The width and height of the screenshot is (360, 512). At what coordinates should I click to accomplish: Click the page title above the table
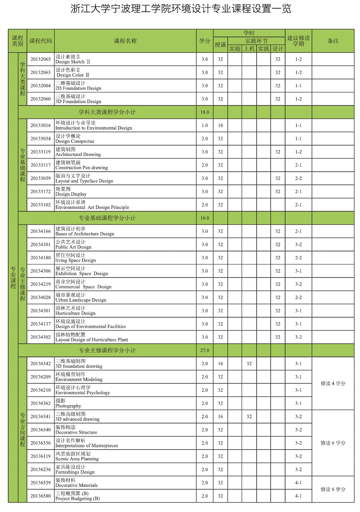point(180,9)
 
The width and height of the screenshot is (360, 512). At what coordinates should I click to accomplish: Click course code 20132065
point(40,59)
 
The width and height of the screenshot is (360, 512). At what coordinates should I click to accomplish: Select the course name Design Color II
point(72,72)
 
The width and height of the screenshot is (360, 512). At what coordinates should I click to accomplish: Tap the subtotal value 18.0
point(205,112)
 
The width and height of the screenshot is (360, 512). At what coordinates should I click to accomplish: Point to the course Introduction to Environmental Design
point(93,126)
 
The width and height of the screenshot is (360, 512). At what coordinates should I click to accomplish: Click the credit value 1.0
point(205,125)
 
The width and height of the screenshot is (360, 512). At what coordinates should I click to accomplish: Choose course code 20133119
point(40,152)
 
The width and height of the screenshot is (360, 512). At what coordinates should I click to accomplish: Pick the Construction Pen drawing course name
point(82,165)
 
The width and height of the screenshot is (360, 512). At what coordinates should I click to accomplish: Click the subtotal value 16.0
point(205,218)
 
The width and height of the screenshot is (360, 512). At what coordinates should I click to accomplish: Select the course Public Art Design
point(73,245)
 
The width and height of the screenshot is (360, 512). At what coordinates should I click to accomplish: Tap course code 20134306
point(40,271)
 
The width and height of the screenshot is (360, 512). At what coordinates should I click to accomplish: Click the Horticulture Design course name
point(75,311)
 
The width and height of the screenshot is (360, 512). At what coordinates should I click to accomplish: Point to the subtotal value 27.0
point(205,350)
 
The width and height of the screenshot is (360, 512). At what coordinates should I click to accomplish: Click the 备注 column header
point(333,41)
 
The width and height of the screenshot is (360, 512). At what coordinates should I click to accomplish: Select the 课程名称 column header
point(125,41)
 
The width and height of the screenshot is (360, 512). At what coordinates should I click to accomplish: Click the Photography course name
point(68,403)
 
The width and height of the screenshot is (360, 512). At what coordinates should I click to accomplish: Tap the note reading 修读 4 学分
point(333,383)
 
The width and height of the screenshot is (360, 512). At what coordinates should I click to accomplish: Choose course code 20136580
point(40,496)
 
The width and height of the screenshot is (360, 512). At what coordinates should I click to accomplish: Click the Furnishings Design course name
point(75,469)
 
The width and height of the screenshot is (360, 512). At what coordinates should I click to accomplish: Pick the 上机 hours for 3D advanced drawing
point(249,417)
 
